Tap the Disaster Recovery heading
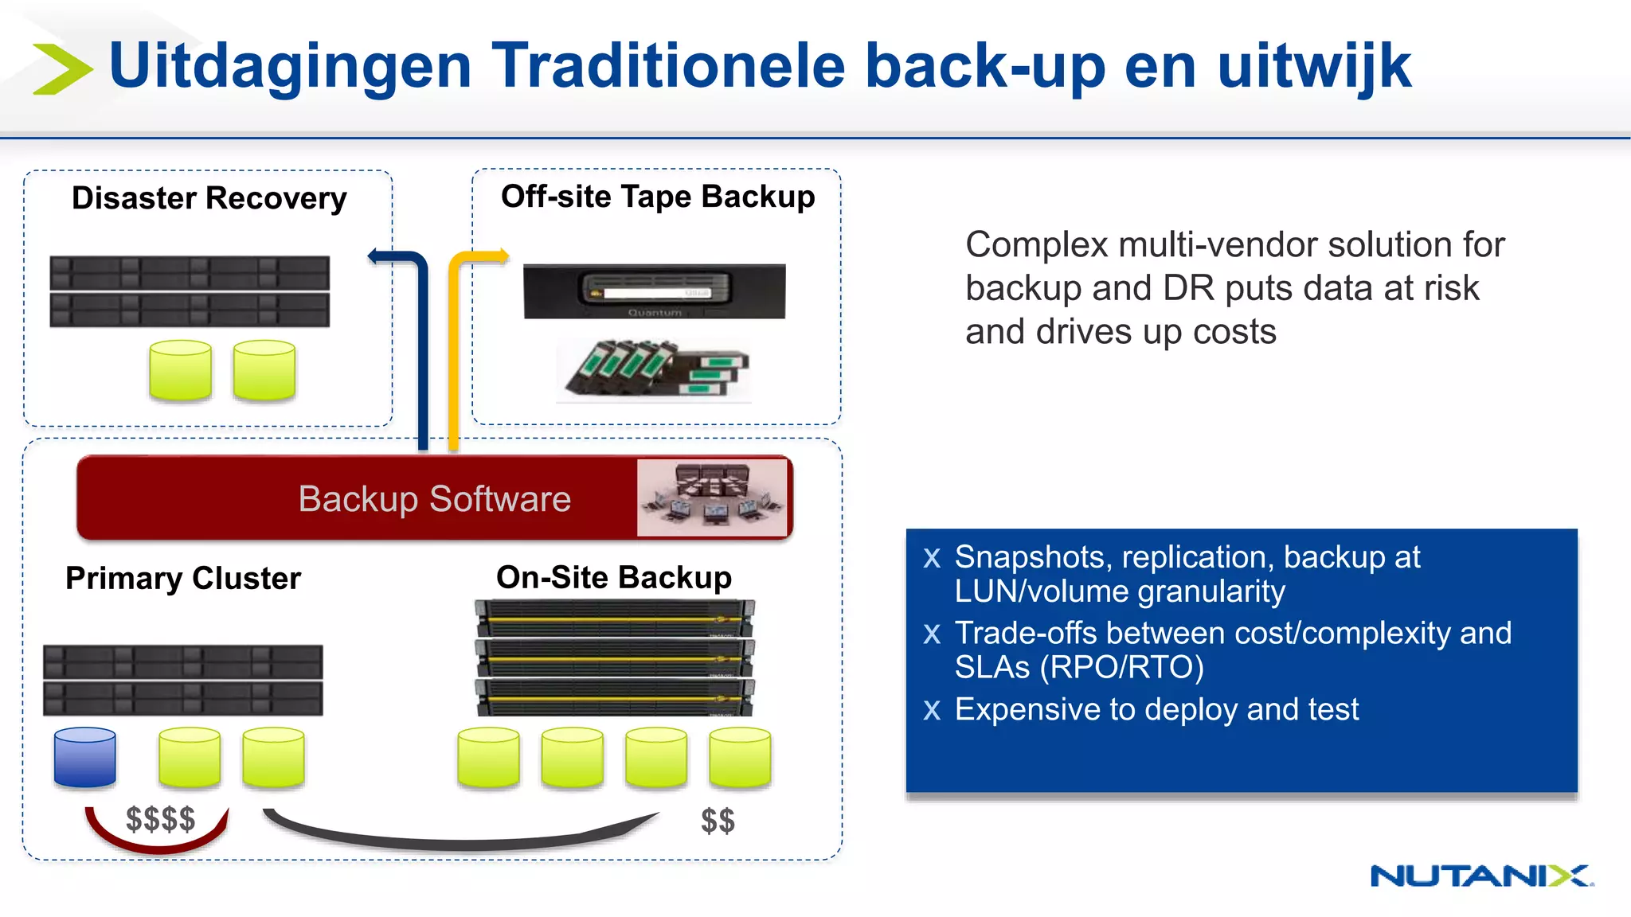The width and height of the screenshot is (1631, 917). tap(209, 198)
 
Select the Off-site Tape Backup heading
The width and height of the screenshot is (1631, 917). tap(658, 197)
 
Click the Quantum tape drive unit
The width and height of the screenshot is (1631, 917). tap(654, 291)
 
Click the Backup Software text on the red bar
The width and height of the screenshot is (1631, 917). tap(434, 499)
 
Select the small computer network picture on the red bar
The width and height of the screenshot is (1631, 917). tap(712, 498)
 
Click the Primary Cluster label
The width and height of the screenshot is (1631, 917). tap(183, 578)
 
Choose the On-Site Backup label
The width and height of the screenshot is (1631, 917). tap(613, 577)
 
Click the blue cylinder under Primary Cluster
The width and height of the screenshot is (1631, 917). tap(85, 757)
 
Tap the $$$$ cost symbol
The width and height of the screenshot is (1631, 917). tap(160, 819)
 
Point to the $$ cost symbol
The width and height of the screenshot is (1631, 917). tap(718, 821)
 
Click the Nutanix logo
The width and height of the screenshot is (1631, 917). tap(1481, 876)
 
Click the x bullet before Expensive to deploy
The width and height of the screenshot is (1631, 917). tap(932, 709)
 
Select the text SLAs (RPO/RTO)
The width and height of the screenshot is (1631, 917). tap(1079, 667)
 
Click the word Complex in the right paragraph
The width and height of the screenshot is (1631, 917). tap(1036, 244)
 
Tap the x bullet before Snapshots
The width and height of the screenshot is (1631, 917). tap(932, 557)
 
